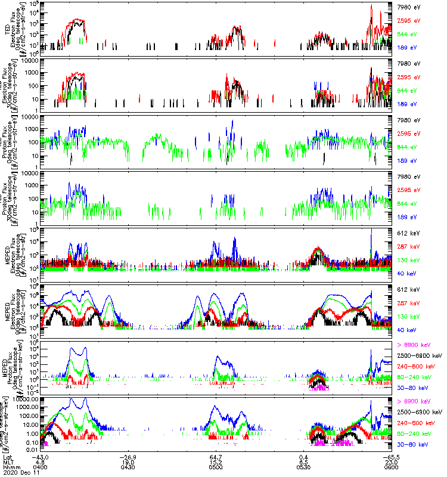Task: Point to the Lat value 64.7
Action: pyautogui.click(x=217, y=457)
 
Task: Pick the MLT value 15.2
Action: pyautogui.click(x=217, y=462)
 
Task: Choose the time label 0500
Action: pyautogui.click(x=217, y=467)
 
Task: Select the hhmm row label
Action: pyautogui.click(x=11, y=467)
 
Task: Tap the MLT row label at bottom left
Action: pyautogui.click(x=8, y=462)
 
